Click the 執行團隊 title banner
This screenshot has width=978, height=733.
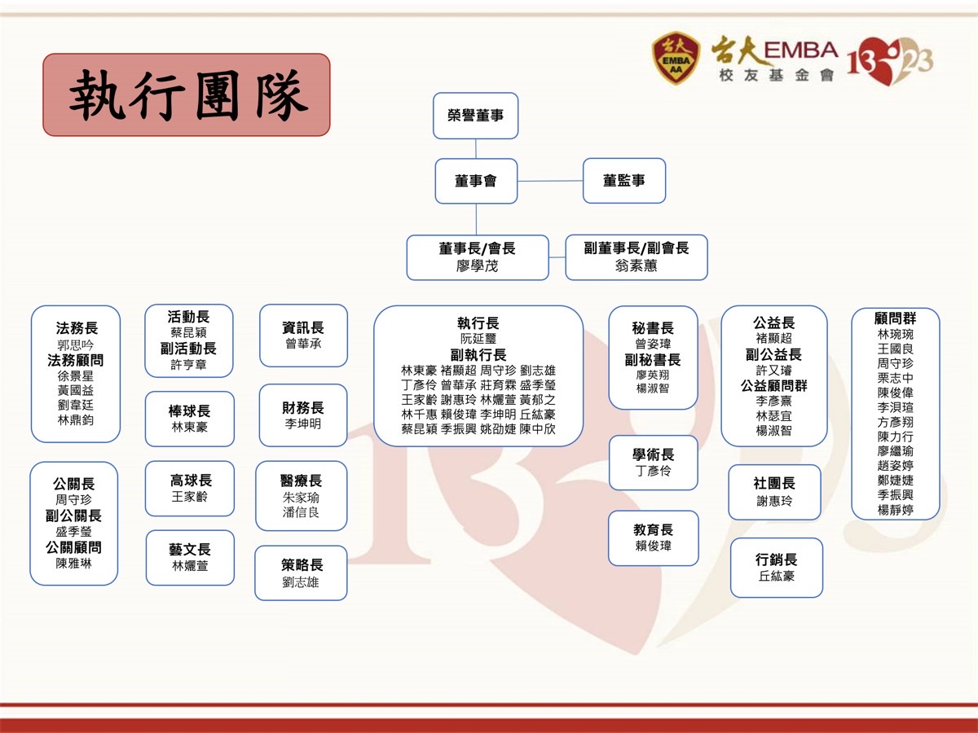tap(187, 94)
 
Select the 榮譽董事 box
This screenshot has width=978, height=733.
tap(476, 116)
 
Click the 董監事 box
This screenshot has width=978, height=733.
tap(624, 181)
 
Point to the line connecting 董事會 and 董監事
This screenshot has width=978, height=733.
tap(550, 181)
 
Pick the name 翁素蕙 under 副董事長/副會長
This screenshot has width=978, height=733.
tap(637, 266)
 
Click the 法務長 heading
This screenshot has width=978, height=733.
tap(77, 328)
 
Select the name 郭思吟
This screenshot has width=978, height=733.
tap(76, 345)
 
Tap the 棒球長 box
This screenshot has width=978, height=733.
tap(190, 419)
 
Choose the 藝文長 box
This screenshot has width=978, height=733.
tap(190, 557)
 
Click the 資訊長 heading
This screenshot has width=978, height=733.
tap(303, 327)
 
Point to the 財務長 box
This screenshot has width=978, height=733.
tap(303, 415)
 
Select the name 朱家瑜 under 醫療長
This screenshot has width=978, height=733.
tap(301, 497)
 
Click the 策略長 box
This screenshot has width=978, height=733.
tap(301, 573)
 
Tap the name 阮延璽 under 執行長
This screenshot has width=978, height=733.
tap(478, 339)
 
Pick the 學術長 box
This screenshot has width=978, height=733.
tap(654, 463)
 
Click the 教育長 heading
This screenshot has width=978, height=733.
tap(654, 530)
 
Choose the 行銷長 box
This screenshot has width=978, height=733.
tap(776, 568)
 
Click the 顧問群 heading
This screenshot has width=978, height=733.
tap(895, 318)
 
